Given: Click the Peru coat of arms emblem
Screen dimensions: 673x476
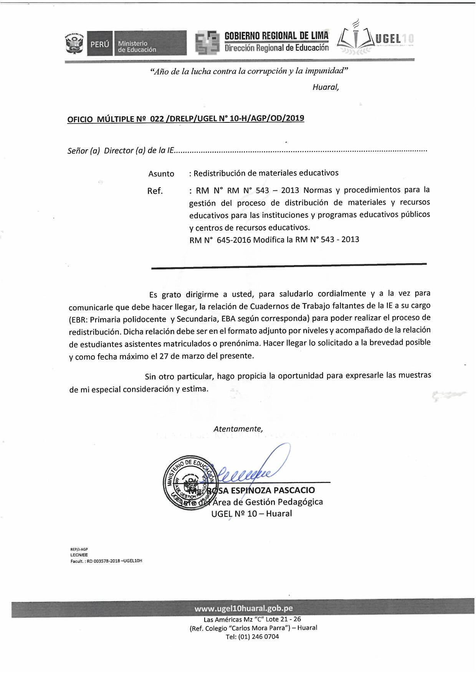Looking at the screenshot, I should point(74,43).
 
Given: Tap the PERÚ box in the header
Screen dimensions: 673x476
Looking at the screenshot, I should point(100,44).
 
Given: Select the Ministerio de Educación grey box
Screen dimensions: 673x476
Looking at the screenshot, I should point(150,44).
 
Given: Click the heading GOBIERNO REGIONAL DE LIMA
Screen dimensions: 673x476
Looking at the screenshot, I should point(276,36).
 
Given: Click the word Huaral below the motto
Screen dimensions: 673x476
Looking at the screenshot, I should point(325,87).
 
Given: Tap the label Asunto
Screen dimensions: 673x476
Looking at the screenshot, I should point(161,174).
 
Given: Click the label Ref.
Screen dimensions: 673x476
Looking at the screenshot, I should point(155,191).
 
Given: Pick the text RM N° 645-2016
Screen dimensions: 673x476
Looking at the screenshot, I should point(220,240).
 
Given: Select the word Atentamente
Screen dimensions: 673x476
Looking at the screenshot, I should point(238,429).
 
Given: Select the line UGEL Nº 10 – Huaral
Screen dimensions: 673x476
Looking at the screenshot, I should point(251,513).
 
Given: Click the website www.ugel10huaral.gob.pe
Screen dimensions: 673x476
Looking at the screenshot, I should point(243,609).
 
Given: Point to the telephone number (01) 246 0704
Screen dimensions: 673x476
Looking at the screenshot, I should point(258,637).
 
